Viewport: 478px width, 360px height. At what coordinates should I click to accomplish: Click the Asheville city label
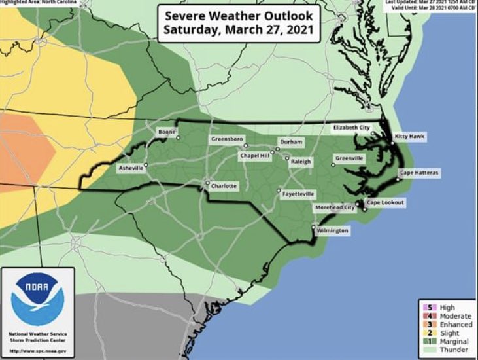[x=130, y=168]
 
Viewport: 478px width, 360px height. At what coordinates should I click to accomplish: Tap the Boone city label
[x=166, y=132]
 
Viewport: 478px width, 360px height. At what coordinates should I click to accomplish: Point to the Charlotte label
[x=224, y=187]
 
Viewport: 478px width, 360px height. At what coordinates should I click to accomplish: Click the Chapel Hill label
[x=256, y=156]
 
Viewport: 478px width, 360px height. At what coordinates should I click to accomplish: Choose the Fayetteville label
[x=298, y=194]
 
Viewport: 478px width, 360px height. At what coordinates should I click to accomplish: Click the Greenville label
[x=349, y=158]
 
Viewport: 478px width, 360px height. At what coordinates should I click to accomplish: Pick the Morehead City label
[x=336, y=207]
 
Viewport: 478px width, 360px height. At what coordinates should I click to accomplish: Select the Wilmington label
[x=332, y=231]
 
